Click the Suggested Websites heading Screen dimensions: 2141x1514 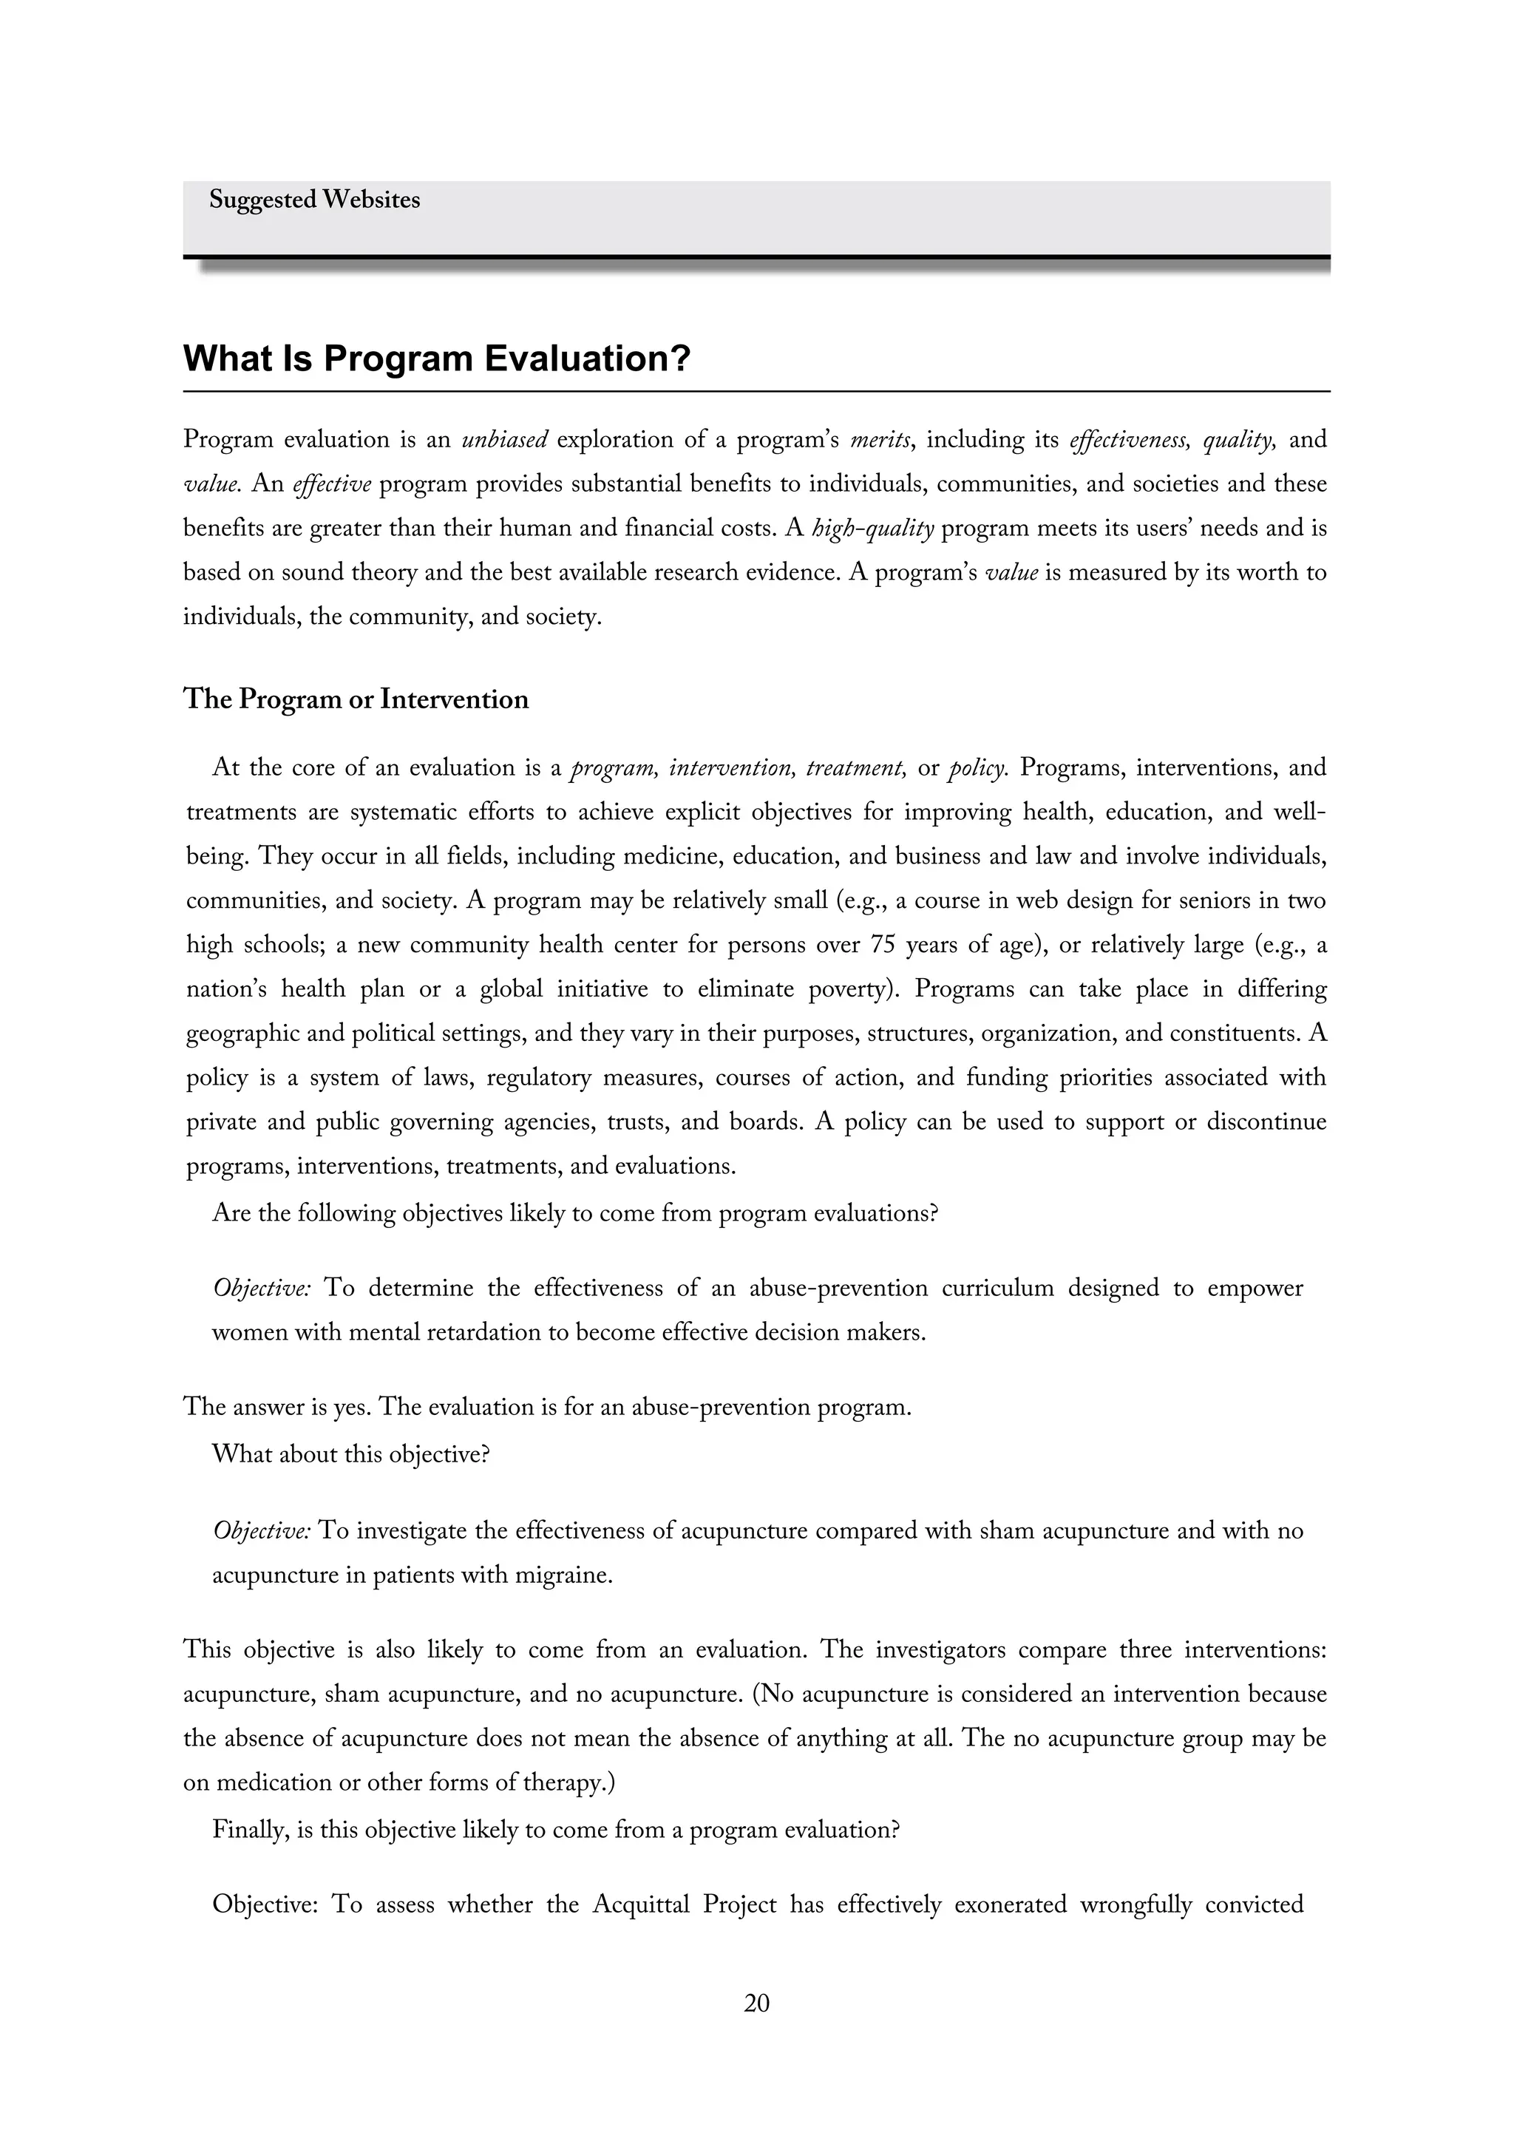[x=314, y=200]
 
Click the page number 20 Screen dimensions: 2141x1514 [x=756, y=2003]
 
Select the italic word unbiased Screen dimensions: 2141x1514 [x=504, y=440]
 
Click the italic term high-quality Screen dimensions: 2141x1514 [x=872, y=529]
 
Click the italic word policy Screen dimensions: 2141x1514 [x=977, y=768]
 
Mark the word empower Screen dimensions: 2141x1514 [x=1255, y=1289]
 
